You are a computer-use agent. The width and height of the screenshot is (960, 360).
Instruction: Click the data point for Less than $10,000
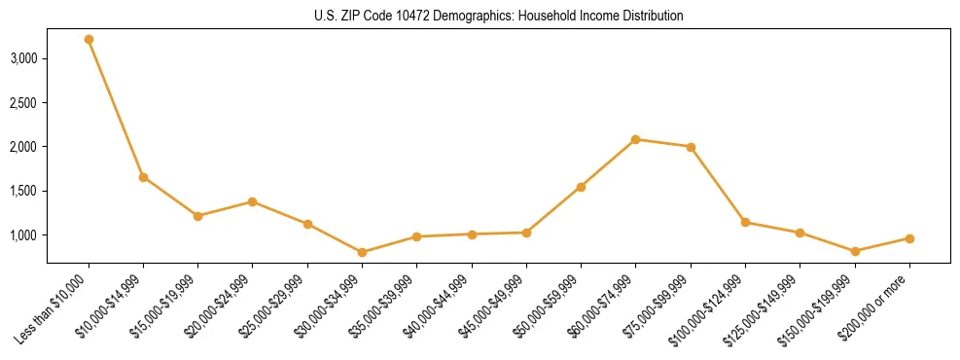pos(89,40)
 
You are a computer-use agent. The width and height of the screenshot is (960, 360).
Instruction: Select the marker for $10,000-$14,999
pos(143,177)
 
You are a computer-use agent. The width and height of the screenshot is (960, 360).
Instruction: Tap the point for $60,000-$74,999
pos(635,139)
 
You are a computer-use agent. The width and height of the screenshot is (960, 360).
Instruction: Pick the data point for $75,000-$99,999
pos(691,147)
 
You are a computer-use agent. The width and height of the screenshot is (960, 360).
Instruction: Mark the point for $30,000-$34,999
pos(362,252)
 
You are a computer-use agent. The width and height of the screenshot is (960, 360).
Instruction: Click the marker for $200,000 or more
pos(909,238)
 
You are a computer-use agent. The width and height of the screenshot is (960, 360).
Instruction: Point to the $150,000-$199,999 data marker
pos(854,251)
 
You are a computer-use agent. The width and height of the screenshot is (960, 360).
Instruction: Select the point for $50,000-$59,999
pos(581,187)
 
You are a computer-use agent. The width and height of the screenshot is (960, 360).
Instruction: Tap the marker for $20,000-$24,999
pos(253,201)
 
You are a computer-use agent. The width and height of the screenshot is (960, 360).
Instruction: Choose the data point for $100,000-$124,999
pos(745,222)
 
